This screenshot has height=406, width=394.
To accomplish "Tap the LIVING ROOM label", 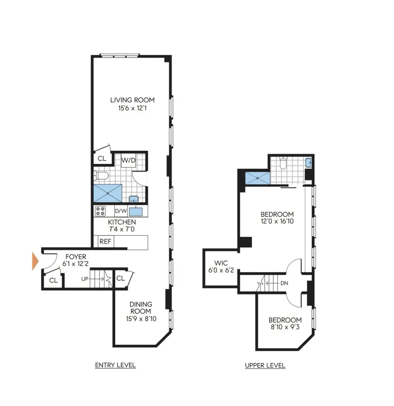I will [132, 100].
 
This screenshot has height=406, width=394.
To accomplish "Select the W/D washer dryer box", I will [128, 160].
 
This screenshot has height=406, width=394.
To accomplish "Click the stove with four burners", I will [100, 211].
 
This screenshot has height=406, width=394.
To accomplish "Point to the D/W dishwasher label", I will [121, 211].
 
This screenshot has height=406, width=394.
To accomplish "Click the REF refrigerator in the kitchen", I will [105, 242].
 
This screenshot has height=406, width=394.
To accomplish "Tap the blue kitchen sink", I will [136, 211].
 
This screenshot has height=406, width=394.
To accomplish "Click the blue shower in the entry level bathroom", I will [108, 193].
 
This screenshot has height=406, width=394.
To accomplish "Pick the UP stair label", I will [85, 279].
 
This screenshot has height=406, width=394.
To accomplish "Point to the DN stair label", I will [284, 283].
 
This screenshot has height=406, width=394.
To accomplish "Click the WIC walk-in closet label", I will [221, 263].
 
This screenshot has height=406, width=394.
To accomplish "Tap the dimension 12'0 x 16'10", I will [277, 221].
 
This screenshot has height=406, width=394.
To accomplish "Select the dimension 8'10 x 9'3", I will [285, 327].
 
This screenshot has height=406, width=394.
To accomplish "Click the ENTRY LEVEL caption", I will [115, 365].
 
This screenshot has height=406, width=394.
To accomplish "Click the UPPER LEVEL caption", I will [265, 366].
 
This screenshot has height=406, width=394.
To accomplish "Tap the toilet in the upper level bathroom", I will [283, 163].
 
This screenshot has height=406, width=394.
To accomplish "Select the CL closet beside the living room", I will [102, 159].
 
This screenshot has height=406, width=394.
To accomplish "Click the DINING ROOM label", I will [141, 308].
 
